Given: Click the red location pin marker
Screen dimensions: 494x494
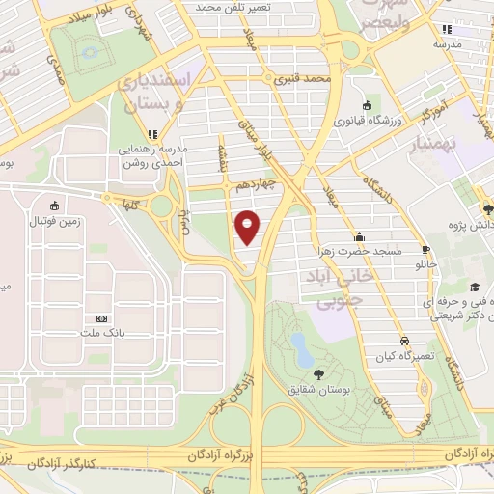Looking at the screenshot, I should pyautogui.click(x=248, y=227).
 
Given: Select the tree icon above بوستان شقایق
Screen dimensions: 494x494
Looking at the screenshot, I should pyautogui.click(x=318, y=373).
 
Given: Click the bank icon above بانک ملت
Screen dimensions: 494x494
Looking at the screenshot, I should pyautogui.click(x=101, y=318).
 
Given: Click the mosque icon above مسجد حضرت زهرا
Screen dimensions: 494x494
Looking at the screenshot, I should pyautogui.click(x=360, y=236).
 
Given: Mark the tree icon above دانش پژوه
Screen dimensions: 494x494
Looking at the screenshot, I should pyautogui.click(x=488, y=208).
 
